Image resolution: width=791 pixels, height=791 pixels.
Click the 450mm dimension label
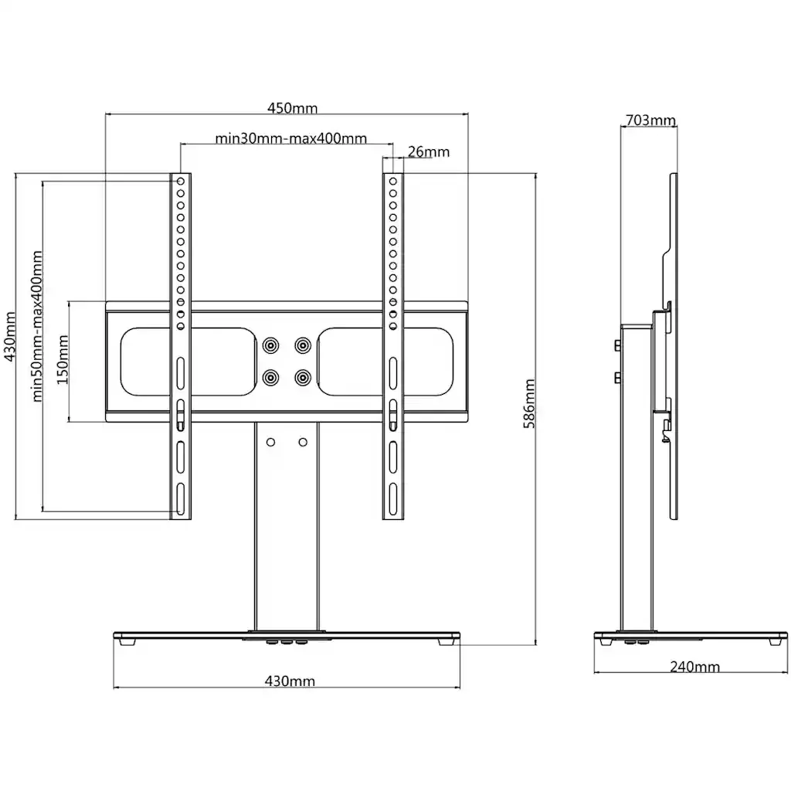pos(292,108)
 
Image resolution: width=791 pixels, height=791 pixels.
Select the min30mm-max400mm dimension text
pos(290,138)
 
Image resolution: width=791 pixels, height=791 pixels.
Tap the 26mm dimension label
pos(428,151)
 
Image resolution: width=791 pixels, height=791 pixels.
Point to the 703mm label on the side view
pos(650,120)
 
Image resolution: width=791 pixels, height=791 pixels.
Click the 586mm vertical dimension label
pos(529,403)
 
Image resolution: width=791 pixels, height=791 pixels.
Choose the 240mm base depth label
pos(694,667)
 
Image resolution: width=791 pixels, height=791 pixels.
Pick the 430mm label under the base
pos(290,681)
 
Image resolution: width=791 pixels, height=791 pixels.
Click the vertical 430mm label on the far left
pos(10,337)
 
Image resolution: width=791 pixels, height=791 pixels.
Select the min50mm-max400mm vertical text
pos(37,327)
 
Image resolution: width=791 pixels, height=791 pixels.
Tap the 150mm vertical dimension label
pos(62,360)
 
